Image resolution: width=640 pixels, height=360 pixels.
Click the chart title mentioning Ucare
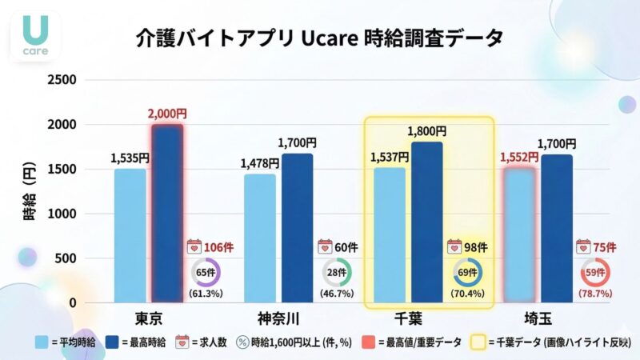pyautogui.click(x=320, y=38)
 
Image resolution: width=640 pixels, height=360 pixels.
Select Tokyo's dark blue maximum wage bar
pyautogui.click(x=167, y=214)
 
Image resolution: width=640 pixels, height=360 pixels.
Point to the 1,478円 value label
pyautogui.click(x=260, y=163)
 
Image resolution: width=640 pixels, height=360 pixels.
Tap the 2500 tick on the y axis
pyautogui.click(x=62, y=80)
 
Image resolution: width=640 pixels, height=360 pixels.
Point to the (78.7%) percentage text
pyautogui.click(x=594, y=294)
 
